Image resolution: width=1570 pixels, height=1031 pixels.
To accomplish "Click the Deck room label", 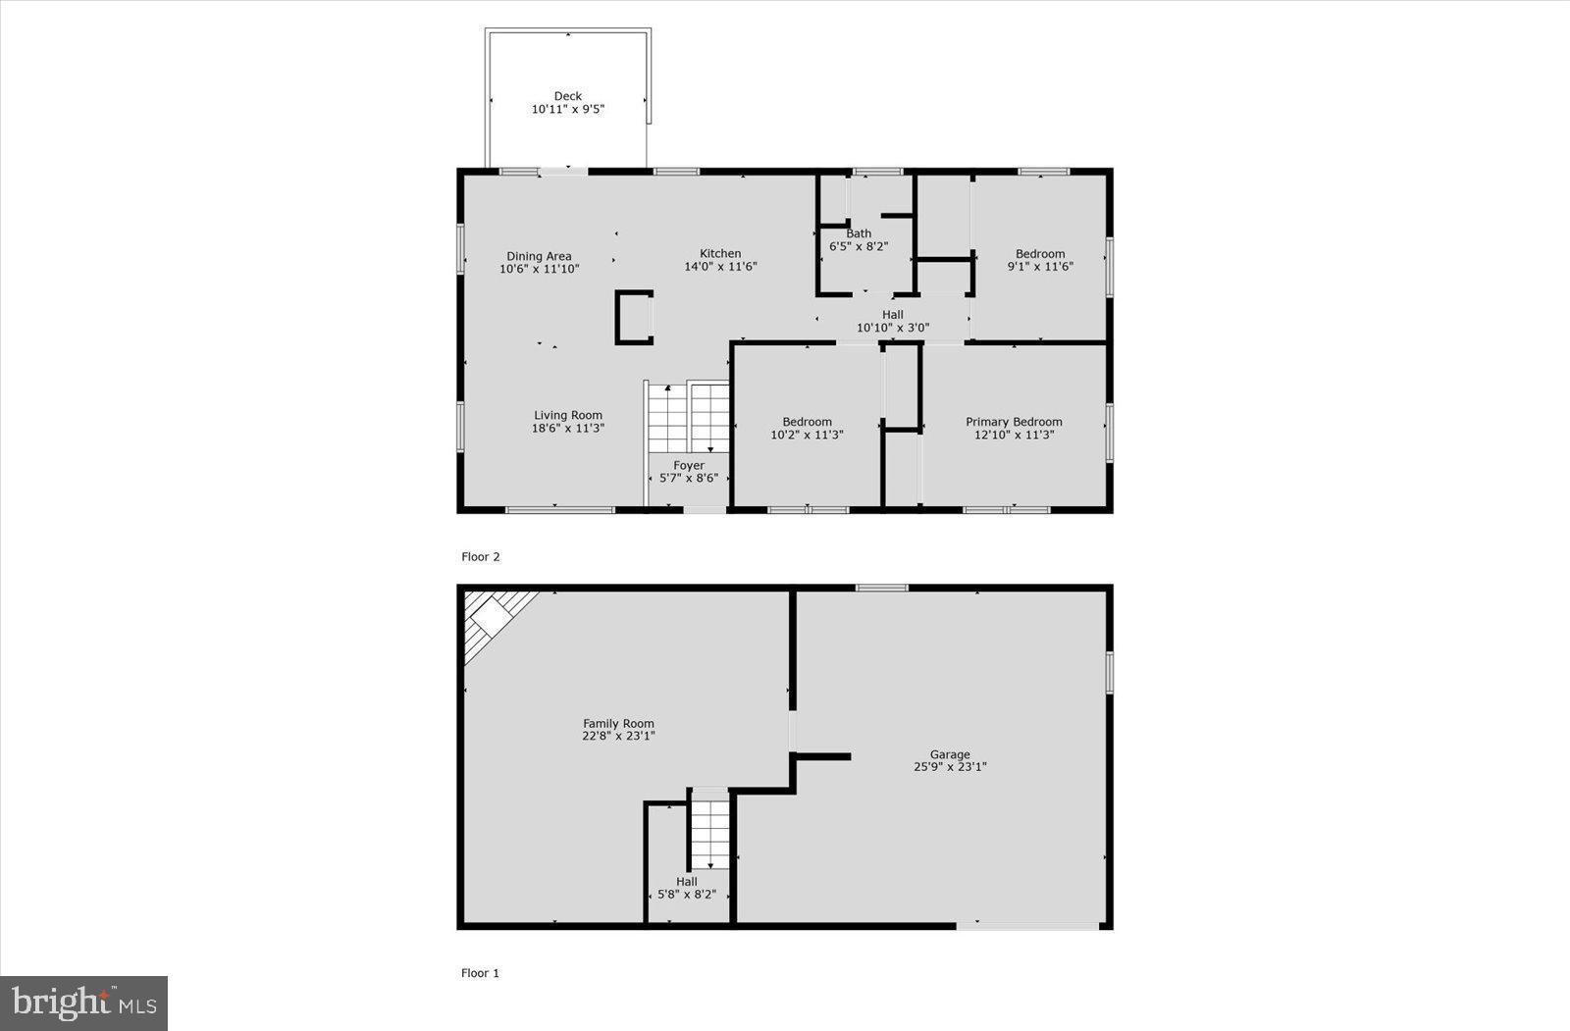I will pyautogui.click(x=568, y=96).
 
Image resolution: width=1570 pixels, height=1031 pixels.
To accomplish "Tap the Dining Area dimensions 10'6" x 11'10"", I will pyautogui.click(x=539, y=269).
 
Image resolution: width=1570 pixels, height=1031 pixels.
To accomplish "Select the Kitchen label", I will pyautogui.click(x=720, y=253).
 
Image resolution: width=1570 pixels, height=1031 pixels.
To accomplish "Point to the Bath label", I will pyautogui.click(x=859, y=233).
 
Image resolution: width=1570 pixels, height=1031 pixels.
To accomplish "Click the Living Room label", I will pyautogui.click(x=568, y=415).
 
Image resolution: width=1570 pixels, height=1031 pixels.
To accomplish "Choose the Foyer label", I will pyautogui.click(x=689, y=465).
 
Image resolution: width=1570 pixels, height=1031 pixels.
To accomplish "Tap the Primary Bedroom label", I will pyautogui.click(x=1014, y=422).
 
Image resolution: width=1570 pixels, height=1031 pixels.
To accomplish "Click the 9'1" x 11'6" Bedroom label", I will pyautogui.click(x=1040, y=254).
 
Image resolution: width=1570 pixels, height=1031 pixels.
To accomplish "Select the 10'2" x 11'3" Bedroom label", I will pyautogui.click(x=807, y=422).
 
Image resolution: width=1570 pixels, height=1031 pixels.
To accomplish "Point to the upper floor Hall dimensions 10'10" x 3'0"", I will pyautogui.click(x=893, y=328).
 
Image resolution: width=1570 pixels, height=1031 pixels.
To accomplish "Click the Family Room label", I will pyautogui.click(x=618, y=724).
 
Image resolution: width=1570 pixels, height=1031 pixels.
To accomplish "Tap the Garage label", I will pyautogui.click(x=950, y=754).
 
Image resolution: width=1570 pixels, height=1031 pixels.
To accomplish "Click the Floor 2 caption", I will pyautogui.click(x=481, y=556).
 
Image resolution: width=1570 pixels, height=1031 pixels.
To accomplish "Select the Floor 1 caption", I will pyautogui.click(x=481, y=973).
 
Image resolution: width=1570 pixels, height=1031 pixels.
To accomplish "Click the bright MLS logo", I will pyautogui.click(x=84, y=1003).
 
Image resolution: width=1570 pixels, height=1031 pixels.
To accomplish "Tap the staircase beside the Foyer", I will pyautogui.click(x=688, y=417).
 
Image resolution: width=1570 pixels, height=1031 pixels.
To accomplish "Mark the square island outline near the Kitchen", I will pyautogui.click(x=634, y=317).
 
